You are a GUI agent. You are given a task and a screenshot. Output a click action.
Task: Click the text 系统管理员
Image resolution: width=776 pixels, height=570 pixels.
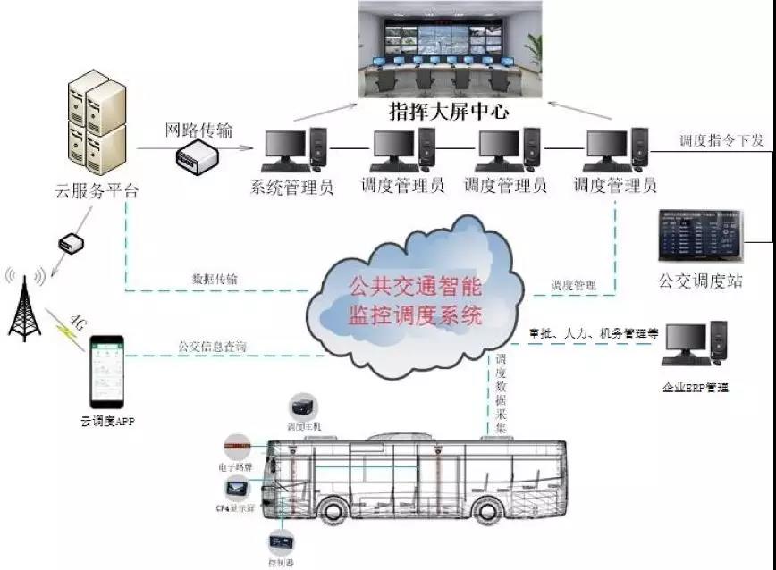pyautogui.click(x=293, y=187)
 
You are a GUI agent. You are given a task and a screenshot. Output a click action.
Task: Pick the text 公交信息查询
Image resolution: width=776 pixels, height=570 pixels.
pyautogui.click(x=212, y=346)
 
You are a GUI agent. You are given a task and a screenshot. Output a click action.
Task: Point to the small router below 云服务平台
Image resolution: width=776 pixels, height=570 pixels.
pyautogui.click(x=71, y=243)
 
